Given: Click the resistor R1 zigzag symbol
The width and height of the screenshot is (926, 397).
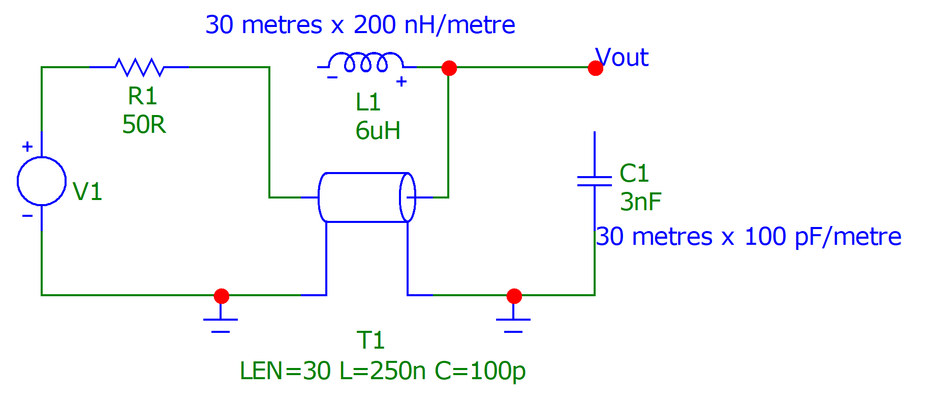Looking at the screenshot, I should point(139,67).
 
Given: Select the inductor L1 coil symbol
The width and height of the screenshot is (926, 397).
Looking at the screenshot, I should point(365,62).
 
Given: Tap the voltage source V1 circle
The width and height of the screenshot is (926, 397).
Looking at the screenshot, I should point(42,181).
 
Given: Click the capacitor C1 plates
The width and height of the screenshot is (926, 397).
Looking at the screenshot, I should point(594,181).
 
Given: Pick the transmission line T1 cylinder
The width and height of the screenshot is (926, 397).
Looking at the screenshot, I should point(366,197).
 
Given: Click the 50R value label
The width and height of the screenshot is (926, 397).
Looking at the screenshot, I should point(144,125).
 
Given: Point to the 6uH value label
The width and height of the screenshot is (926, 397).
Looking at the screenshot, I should point(378,131).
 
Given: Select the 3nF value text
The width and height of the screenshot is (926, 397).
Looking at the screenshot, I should point(640,202).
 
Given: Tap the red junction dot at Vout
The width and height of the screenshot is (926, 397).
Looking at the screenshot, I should point(595,68).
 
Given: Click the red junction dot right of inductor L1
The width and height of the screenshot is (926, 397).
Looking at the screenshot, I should point(449,68).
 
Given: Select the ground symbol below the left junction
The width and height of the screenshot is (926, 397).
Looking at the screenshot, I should point(221,324).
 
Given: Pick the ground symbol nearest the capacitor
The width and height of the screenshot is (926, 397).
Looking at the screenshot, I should point(513,324).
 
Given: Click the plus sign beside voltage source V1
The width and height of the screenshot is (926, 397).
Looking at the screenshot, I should point(27,147).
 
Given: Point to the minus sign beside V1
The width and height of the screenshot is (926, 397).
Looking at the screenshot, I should point(27,216).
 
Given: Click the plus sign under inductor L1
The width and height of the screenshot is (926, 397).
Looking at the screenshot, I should point(402,81).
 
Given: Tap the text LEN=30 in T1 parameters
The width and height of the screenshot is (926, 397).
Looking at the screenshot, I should point(285,371).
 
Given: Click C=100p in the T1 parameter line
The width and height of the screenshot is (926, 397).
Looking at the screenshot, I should point(480,371).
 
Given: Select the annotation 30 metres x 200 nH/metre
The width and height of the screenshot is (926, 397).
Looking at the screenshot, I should point(360,25).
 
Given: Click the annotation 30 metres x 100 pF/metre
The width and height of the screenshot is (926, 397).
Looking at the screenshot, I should point(748,237).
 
